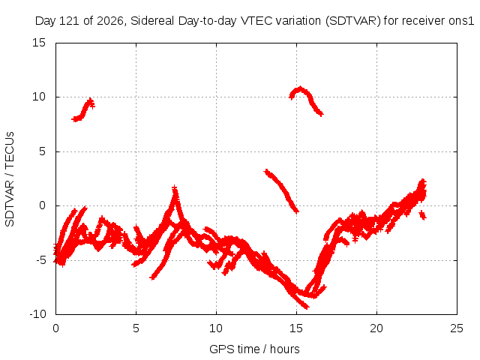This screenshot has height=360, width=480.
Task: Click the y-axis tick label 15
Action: (x=39, y=43)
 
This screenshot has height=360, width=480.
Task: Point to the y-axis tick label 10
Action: (x=39, y=97)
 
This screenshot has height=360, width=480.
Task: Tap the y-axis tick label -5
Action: (x=40, y=260)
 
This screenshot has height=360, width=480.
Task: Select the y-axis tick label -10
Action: (x=37, y=314)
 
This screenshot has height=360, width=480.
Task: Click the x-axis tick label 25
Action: (x=457, y=328)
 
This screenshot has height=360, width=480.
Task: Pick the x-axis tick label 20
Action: (x=376, y=328)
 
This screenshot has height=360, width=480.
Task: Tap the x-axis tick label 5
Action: (x=136, y=328)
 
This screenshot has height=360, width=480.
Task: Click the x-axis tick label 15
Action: (x=296, y=328)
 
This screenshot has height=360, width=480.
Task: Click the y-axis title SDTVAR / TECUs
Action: (x=10, y=179)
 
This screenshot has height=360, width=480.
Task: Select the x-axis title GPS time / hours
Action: (x=254, y=349)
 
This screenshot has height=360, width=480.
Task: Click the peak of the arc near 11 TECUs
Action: (x=301, y=88)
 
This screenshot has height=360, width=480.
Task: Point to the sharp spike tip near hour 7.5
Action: (x=175, y=187)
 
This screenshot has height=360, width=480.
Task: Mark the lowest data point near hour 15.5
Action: (x=307, y=307)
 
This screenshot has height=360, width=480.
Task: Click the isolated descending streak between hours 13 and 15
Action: (x=281, y=190)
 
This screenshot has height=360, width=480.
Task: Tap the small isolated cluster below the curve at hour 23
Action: (x=423, y=215)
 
